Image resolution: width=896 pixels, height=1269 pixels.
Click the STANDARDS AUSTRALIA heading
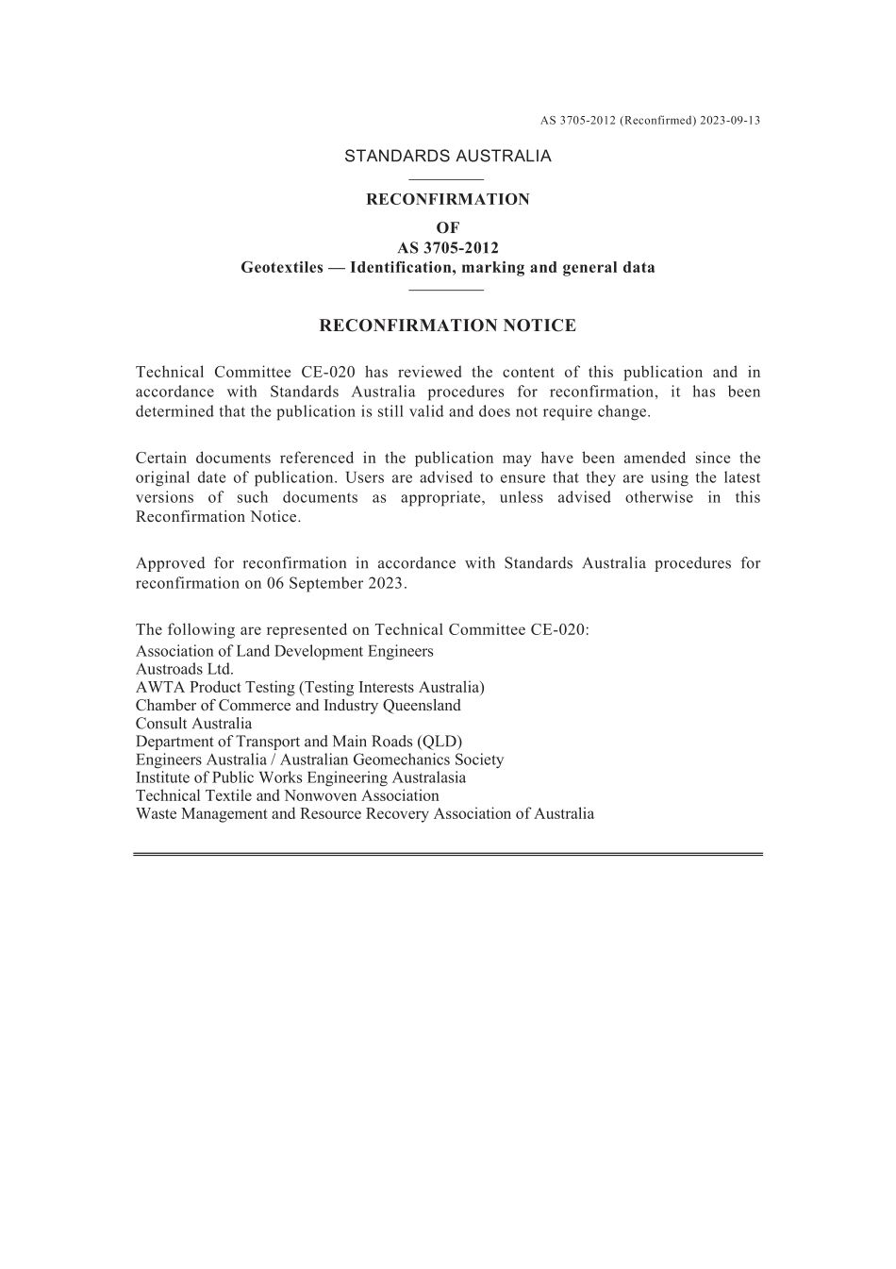447,157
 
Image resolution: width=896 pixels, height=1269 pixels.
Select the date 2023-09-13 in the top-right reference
730,121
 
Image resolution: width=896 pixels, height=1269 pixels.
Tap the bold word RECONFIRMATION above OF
447,199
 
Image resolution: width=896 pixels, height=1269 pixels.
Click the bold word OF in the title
447,227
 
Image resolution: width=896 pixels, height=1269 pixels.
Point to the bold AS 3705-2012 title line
447,247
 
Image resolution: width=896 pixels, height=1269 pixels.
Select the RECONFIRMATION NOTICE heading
447,326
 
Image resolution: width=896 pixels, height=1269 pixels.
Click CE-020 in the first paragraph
328,373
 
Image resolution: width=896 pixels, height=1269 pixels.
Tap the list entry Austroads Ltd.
184,669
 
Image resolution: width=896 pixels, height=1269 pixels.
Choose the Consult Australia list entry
193,724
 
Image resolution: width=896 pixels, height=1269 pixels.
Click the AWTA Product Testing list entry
309,687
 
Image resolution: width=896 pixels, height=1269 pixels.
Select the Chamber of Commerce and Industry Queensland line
298,705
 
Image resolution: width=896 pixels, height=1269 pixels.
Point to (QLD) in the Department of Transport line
440,742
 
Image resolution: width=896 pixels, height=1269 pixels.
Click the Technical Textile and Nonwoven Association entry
287,795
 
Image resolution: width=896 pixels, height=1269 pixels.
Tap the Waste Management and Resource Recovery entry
364,813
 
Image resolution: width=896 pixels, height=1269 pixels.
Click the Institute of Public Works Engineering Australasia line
300,777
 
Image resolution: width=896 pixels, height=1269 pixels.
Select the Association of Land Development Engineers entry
284,651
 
